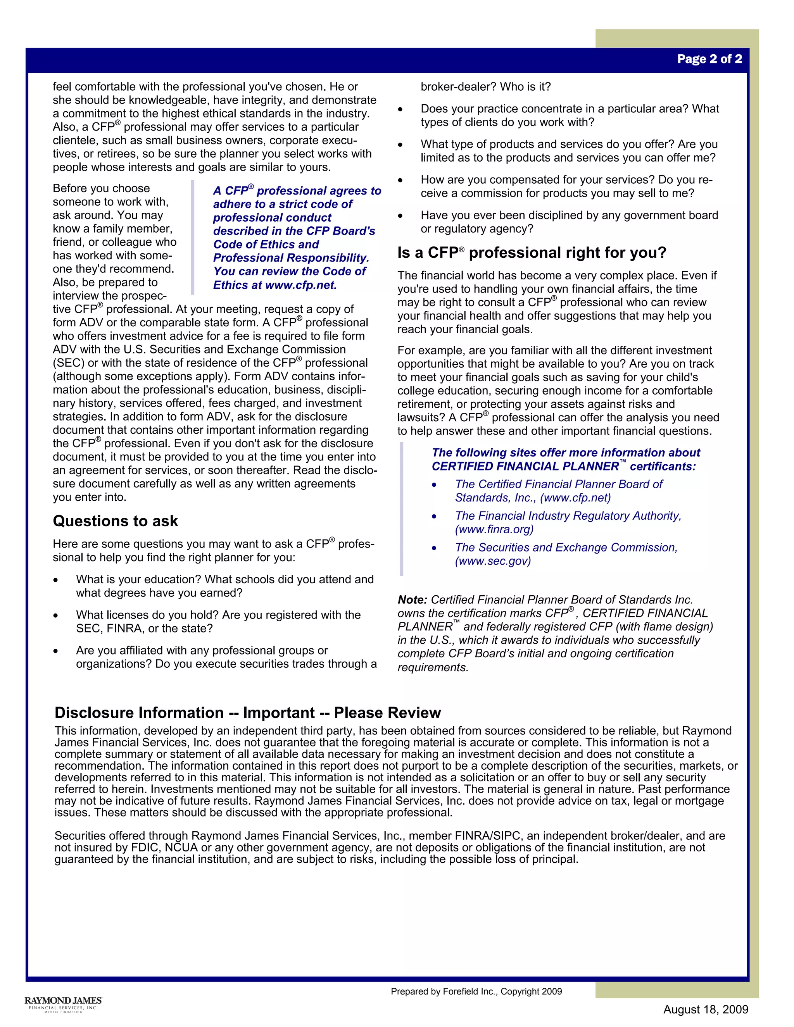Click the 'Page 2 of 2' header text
(x=709, y=59)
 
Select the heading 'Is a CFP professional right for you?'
(x=532, y=253)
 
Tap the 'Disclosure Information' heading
(x=247, y=712)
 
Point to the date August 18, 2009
(x=706, y=1010)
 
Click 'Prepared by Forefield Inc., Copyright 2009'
(x=476, y=991)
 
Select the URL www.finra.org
(x=494, y=529)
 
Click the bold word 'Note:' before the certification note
(x=412, y=600)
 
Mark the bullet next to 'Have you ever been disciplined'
(x=400, y=216)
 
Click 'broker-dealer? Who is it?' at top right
(x=485, y=87)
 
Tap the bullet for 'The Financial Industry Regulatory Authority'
(x=434, y=517)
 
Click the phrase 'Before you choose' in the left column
(x=101, y=189)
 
